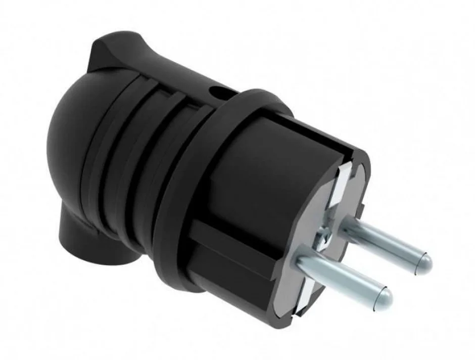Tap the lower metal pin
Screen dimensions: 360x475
(344, 276)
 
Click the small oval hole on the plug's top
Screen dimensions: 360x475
(218, 93)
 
